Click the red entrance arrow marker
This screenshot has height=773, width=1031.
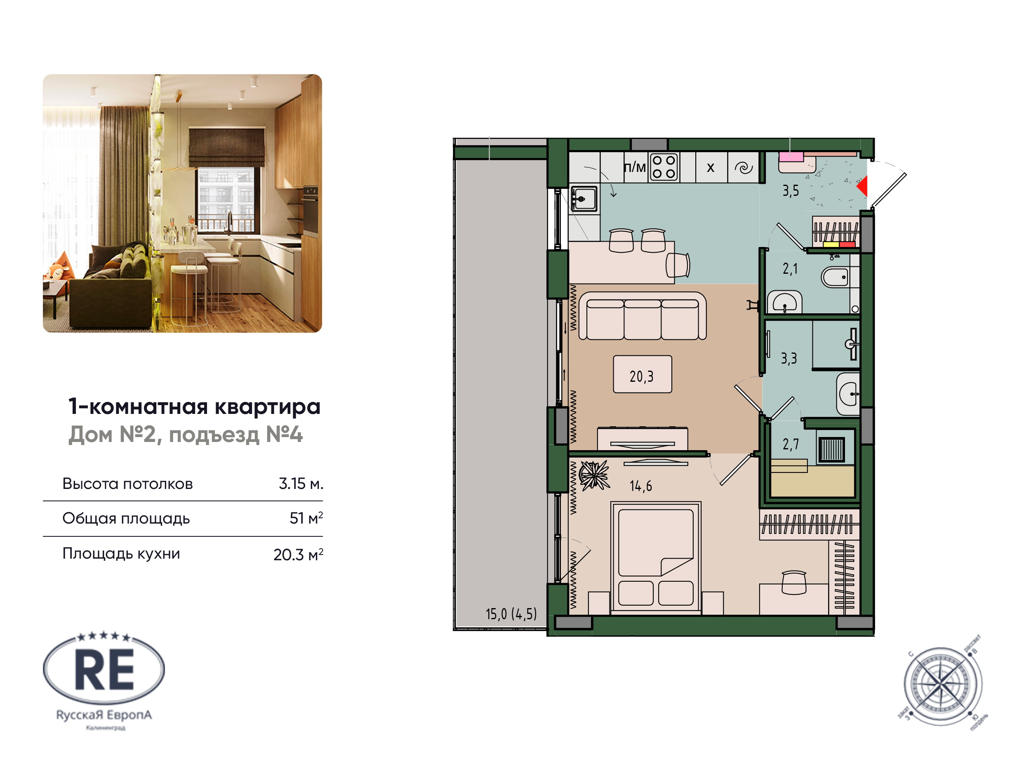click(x=862, y=186)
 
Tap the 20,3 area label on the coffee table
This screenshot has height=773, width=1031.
click(x=642, y=376)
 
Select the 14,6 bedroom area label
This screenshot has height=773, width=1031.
click(x=640, y=486)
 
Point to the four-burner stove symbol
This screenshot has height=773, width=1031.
click(x=664, y=167)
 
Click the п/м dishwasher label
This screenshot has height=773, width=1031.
click(x=634, y=167)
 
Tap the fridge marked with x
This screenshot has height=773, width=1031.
click(x=710, y=167)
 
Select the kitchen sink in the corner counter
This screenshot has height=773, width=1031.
click(x=584, y=199)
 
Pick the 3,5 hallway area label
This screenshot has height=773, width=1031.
click(x=791, y=190)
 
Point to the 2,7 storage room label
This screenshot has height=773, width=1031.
click(x=791, y=444)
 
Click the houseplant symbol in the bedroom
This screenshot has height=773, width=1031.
click(x=594, y=475)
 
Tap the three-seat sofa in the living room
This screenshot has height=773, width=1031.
click(x=642, y=316)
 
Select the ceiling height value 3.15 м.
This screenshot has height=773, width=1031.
click(x=301, y=484)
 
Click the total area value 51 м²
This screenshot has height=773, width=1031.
click(x=306, y=518)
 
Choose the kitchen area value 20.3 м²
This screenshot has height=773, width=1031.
click(x=298, y=554)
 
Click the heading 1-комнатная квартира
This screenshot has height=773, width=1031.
click(x=194, y=406)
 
